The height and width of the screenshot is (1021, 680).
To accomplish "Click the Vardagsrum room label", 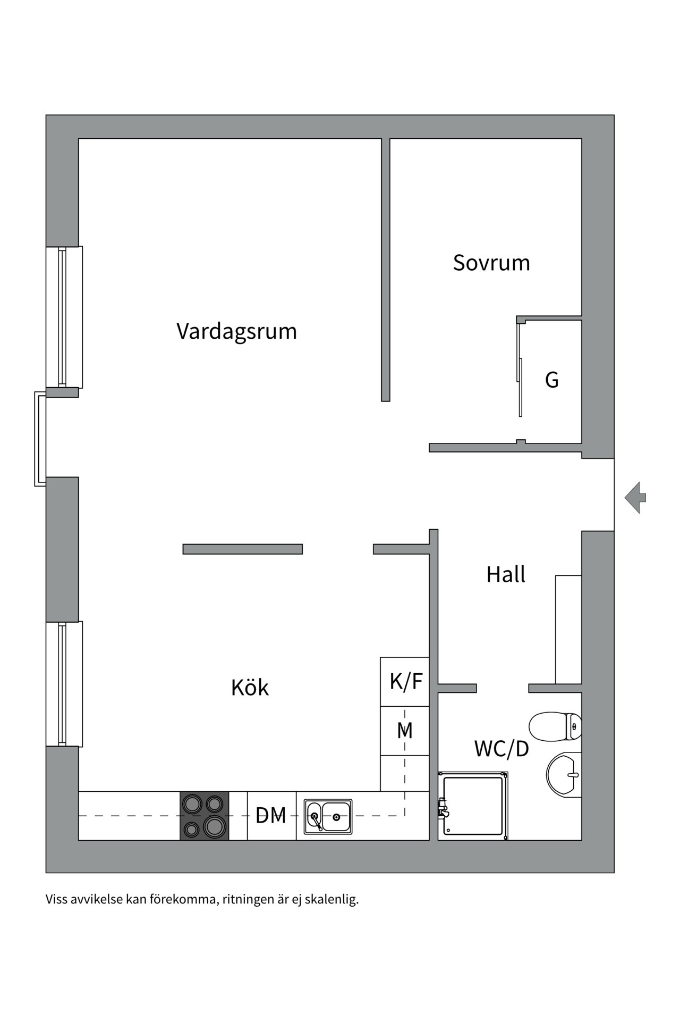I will [236, 331].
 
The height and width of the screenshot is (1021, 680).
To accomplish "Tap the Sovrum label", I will [491, 263].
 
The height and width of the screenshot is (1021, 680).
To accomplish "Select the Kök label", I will [250, 688].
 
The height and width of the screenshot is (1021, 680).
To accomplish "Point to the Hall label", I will [506, 574].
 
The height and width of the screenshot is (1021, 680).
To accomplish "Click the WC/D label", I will [501, 749].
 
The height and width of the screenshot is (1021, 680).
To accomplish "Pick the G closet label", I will [552, 380].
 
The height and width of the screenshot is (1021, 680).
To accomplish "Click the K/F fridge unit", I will [405, 682].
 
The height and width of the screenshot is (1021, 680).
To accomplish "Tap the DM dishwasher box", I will [271, 815].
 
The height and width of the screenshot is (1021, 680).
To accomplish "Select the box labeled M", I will [405, 731].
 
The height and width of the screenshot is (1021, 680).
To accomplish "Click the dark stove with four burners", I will [205, 816].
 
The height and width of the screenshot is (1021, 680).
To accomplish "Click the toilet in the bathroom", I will [555, 726].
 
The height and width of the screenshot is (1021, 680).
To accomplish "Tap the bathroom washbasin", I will [564, 774].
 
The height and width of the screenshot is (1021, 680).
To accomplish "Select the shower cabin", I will [473, 806].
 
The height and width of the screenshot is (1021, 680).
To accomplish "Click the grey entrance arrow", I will [635, 498].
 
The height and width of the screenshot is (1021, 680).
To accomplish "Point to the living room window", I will [63, 317].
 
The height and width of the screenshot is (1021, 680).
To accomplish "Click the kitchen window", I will [63, 684].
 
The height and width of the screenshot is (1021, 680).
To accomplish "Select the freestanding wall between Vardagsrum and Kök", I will [243, 549].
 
